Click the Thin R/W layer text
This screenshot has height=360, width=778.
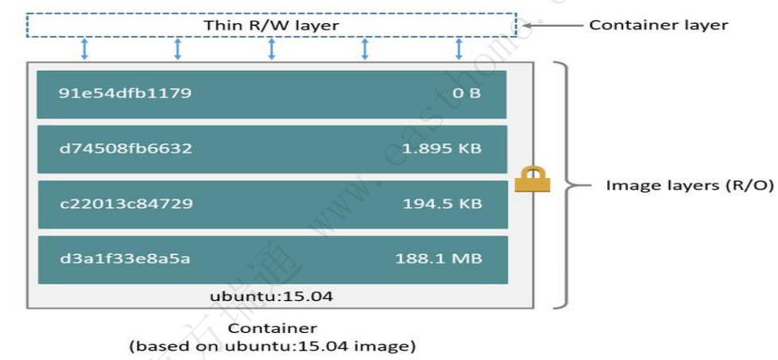[x=271, y=25]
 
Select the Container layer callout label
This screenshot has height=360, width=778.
[x=658, y=25]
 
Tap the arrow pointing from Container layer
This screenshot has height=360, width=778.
[x=548, y=25]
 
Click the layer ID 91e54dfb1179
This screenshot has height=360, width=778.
[x=125, y=94]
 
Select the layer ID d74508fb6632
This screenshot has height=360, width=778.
[x=126, y=149]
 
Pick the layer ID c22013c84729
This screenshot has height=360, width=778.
[x=126, y=204]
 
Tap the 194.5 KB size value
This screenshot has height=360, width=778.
[x=442, y=204]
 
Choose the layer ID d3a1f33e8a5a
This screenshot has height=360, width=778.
[x=125, y=258]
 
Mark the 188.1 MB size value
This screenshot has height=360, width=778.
[x=439, y=258]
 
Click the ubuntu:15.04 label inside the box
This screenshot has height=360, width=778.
[x=271, y=296]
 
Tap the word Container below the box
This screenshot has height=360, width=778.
[x=272, y=328]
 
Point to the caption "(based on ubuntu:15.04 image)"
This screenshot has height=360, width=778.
[x=272, y=346]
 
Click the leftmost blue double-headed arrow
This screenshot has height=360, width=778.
[x=84, y=48]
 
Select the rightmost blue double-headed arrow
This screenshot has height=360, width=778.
[x=459, y=48]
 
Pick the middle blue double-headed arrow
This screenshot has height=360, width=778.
[x=271, y=48]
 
